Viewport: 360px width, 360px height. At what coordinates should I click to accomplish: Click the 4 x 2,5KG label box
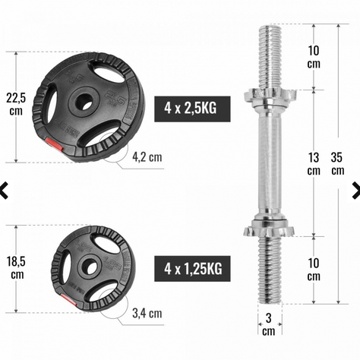coord(192,109)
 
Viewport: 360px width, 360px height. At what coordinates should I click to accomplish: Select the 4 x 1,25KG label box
coord(192,269)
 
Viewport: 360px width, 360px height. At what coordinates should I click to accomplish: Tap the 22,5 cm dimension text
coord(16,104)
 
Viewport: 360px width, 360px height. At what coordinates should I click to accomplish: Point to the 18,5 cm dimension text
coord(16,268)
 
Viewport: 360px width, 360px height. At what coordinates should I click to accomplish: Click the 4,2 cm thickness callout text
coord(147,157)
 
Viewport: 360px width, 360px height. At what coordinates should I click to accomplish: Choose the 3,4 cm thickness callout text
coord(147,313)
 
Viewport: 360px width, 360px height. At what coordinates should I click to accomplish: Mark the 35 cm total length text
coord(337,164)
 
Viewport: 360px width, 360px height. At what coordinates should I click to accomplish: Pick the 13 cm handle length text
coord(314,164)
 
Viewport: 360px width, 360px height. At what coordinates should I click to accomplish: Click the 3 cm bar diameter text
coord(269,324)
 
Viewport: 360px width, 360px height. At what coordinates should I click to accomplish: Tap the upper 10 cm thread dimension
coord(314,57)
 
